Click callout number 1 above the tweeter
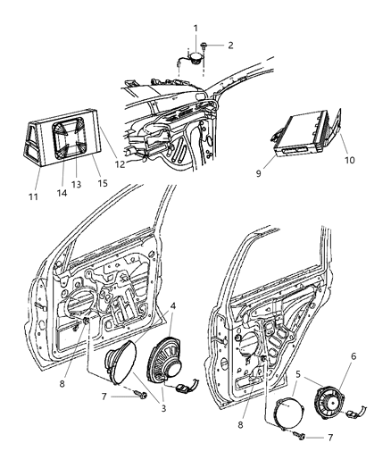(195, 29)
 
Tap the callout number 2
(230, 46)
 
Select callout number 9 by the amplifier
(259, 173)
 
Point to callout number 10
(349, 160)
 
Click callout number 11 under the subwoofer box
(33, 196)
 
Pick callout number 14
(62, 193)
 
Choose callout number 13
(77, 184)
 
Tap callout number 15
(103, 183)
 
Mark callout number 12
(120, 164)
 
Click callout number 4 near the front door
(172, 305)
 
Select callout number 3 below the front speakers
(163, 408)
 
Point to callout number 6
(354, 356)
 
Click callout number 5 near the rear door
(298, 374)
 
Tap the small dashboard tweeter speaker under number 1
(195, 57)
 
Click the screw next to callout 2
(203, 46)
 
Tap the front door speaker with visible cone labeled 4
(165, 361)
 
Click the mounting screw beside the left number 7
(141, 395)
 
